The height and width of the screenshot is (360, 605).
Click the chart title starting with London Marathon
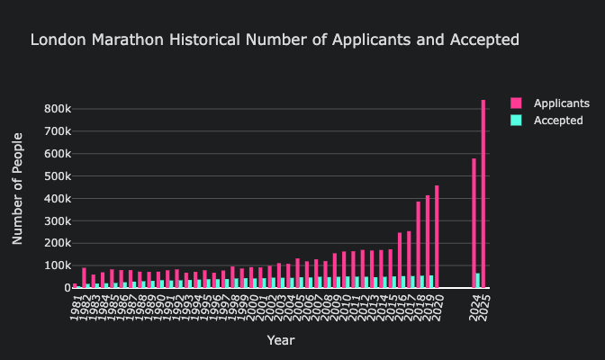[275, 40]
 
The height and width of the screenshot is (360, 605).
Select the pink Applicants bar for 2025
[483, 193]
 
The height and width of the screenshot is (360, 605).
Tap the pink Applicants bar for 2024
[474, 223]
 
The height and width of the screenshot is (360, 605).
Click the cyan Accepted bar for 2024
[478, 281]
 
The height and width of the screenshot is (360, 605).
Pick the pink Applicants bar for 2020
[438, 237]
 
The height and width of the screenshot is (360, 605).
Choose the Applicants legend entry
[561, 103]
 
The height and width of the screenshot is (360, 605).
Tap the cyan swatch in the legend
[516, 120]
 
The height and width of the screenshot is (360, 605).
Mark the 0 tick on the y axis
[64, 288]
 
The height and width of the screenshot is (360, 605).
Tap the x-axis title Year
[280, 341]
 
